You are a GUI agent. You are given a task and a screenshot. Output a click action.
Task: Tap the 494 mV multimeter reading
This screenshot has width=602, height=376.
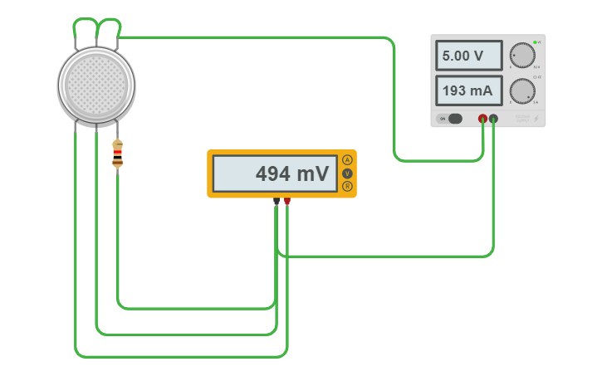[x=275, y=173]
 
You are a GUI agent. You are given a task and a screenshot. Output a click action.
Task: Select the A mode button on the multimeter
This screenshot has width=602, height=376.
[x=347, y=159]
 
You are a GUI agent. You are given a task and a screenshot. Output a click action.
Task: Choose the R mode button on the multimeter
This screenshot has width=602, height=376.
[x=347, y=186]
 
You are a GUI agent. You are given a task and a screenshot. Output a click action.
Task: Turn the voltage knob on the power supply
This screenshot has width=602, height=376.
[x=521, y=55]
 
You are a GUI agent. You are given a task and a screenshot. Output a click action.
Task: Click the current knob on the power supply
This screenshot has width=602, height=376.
[x=521, y=90]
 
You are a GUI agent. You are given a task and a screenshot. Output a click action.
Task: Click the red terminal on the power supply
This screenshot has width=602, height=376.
[x=482, y=119]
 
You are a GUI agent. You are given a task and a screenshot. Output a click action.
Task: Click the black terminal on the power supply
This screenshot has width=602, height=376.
[x=493, y=119]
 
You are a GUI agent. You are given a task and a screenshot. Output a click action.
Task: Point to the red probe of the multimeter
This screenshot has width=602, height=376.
[x=287, y=201]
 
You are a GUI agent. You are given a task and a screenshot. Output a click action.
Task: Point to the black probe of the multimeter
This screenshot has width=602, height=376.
[x=277, y=201]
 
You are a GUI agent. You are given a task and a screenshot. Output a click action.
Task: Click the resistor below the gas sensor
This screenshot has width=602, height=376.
[x=117, y=154]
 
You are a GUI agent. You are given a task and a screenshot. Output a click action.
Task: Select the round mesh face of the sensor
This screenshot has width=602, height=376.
[x=96, y=84]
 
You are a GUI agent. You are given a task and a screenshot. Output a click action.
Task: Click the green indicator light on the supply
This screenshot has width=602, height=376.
[x=535, y=42]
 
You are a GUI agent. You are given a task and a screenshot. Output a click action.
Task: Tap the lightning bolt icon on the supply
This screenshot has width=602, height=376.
[x=537, y=119]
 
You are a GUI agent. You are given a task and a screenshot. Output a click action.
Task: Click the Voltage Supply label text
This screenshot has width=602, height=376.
[x=521, y=119]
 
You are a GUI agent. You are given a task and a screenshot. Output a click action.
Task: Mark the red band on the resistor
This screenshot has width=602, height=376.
[x=117, y=152]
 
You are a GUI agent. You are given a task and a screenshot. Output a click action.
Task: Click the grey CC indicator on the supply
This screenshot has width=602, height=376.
[x=535, y=77]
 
